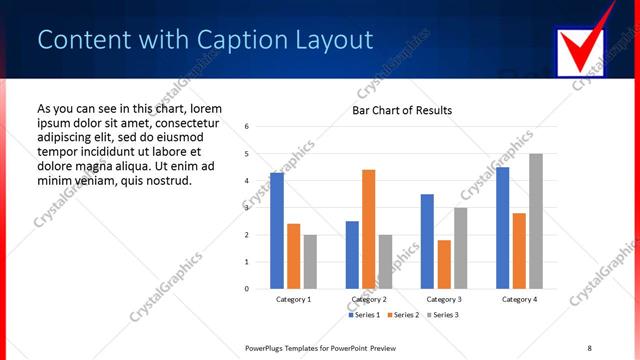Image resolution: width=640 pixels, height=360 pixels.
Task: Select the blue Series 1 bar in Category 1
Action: pos(277,230)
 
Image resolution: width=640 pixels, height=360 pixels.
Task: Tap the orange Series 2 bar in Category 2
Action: pos(368,229)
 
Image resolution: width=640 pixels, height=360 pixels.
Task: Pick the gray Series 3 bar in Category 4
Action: pos(535,221)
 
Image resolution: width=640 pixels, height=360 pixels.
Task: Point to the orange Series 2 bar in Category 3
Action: pos(444,264)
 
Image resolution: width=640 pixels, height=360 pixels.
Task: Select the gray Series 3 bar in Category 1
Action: pos(310,261)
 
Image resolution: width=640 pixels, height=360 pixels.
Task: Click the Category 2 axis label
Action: pos(368,299)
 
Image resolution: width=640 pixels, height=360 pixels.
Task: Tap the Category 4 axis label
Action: pos(519,299)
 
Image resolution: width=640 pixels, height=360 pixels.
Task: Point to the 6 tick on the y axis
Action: pos(246,127)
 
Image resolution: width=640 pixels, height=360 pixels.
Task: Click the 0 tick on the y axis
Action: pos(246,289)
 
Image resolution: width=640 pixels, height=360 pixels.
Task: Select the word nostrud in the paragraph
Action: pos(159,180)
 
